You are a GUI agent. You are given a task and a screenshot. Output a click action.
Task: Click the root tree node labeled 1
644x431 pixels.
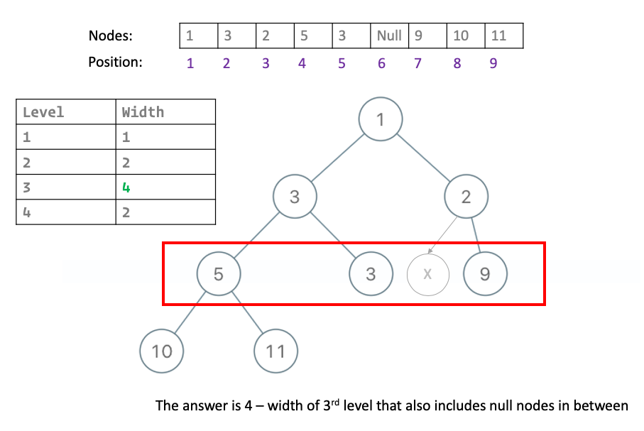(x=381, y=119)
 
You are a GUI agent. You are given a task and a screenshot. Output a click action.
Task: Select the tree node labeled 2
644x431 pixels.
(x=466, y=197)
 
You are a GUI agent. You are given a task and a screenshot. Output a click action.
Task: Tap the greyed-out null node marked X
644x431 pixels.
(x=427, y=273)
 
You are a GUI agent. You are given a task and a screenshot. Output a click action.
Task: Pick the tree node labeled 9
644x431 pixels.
(x=485, y=273)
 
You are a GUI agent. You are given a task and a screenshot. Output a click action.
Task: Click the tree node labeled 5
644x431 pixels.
(x=219, y=273)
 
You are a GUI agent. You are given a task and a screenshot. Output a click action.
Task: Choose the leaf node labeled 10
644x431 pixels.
(x=162, y=350)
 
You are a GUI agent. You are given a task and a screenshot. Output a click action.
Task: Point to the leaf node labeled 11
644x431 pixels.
(x=275, y=350)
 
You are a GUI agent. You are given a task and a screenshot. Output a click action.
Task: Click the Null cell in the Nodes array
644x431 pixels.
(x=389, y=36)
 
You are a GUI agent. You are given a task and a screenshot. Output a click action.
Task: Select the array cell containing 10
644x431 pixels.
(x=466, y=36)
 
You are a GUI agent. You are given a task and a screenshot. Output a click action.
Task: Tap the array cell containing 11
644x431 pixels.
(x=504, y=36)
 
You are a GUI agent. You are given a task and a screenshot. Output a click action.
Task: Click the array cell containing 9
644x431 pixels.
(x=427, y=36)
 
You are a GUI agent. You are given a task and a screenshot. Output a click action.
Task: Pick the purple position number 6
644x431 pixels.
(x=381, y=63)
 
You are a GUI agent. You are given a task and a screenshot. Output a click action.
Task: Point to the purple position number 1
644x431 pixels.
(x=190, y=63)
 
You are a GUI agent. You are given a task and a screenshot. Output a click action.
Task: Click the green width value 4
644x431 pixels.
(x=126, y=188)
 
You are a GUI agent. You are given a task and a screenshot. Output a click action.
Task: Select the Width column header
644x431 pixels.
(x=143, y=112)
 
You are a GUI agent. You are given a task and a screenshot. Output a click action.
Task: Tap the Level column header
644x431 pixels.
(x=43, y=112)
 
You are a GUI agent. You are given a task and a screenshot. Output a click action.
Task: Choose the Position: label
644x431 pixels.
(x=115, y=62)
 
